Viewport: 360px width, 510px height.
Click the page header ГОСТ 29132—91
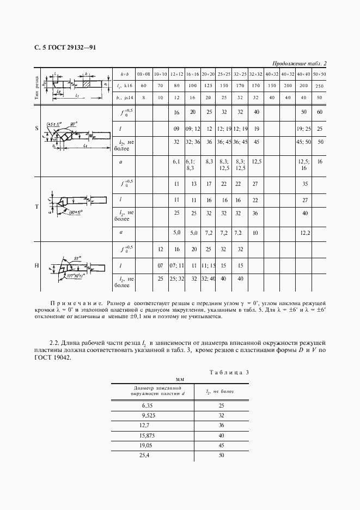[61, 47]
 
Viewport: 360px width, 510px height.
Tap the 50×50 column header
[320, 73]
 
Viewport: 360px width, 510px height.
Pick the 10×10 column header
[160, 73]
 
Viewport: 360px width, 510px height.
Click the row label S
[36, 129]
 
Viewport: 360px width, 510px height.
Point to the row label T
[36, 207]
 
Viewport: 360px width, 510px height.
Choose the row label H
[36, 265]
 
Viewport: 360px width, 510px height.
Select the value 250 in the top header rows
[320, 86]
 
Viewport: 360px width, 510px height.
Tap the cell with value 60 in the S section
[320, 112]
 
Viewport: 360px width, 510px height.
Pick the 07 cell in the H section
[160, 265]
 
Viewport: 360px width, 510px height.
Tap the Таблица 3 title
[229, 373]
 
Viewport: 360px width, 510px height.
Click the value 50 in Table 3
[221, 455]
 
